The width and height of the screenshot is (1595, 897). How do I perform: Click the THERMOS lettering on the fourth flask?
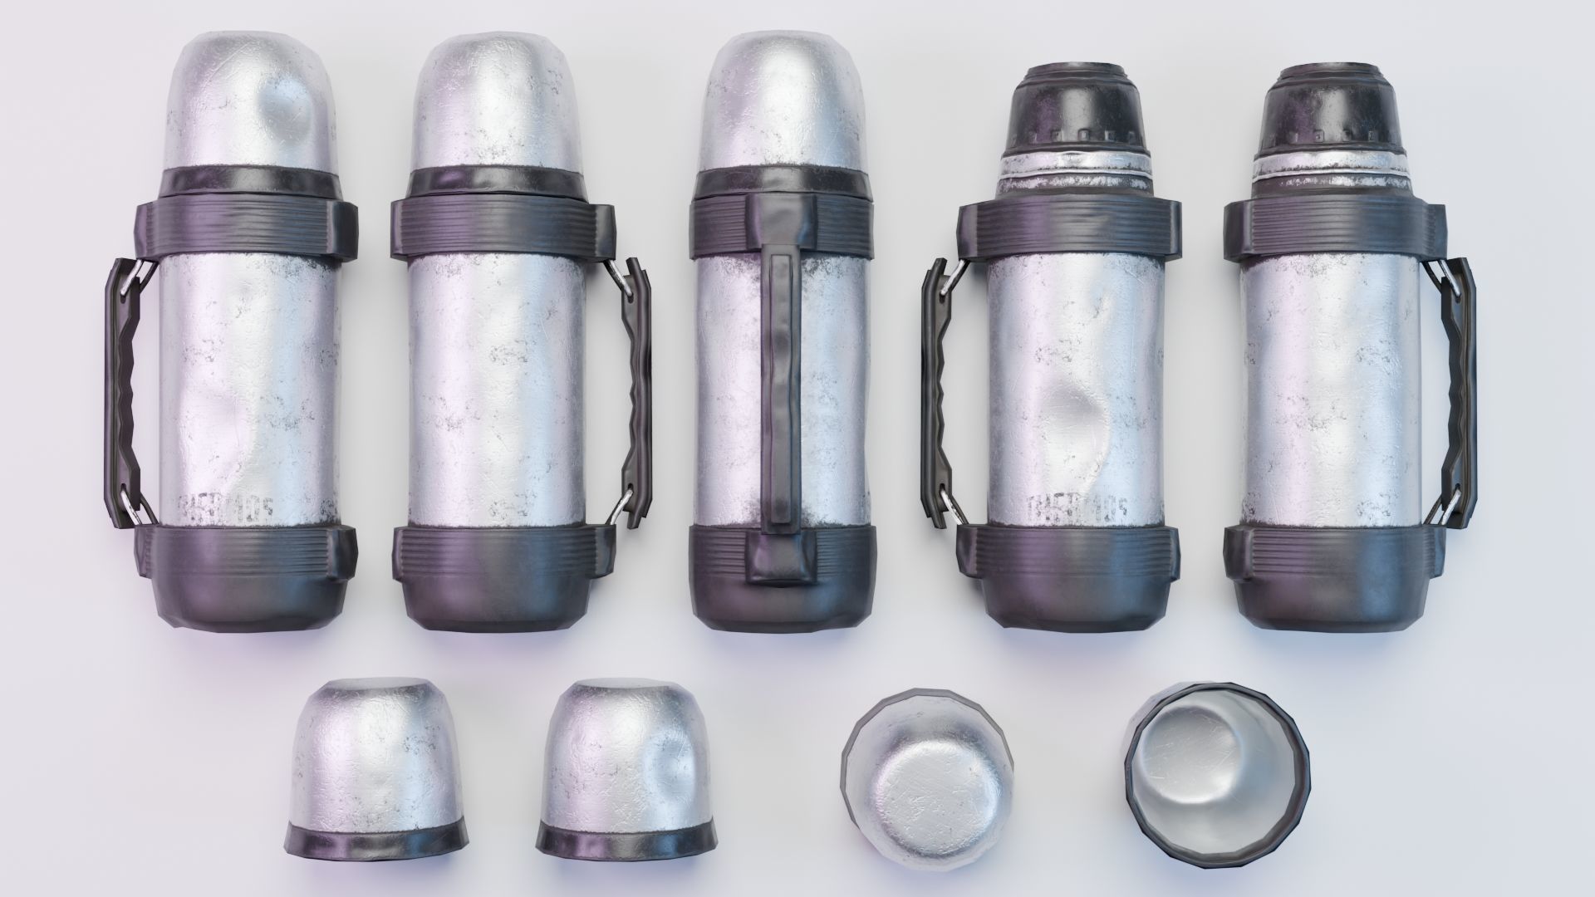pyautogui.click(x=1080, y=506)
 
